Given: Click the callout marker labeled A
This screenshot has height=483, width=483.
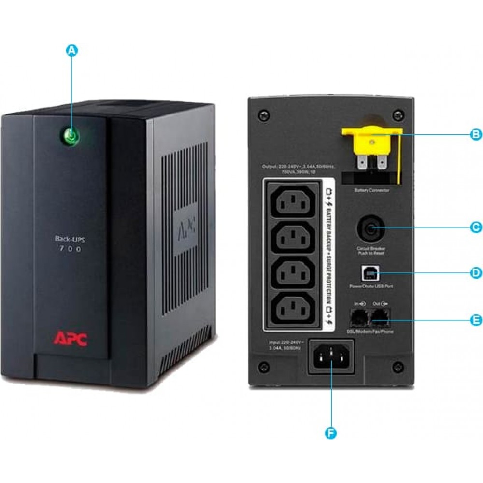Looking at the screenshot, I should click(71, 51).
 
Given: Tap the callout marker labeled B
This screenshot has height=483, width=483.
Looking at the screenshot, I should click(475, 134).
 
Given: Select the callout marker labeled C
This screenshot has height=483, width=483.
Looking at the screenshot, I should click(475, 227).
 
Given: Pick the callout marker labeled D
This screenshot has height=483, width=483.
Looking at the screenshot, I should click(475, 273).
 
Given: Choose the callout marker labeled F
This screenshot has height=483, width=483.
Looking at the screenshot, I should click(331, 433).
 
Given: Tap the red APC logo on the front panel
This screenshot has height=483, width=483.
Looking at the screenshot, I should click(70, 339).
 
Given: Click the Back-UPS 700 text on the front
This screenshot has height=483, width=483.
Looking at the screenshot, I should click(68, 243).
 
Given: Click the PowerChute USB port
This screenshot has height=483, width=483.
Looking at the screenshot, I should click(371, 274).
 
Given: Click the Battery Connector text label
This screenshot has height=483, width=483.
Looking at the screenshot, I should click(371, 190).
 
